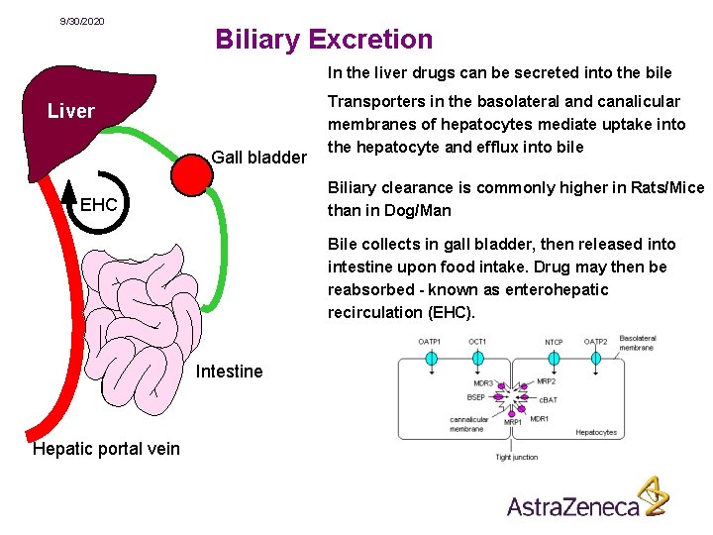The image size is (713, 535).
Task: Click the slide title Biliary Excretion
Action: (x=324, y=40)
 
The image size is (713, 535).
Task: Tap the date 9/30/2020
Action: (x=82, y=22)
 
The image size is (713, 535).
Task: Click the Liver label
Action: (x=71, y=111)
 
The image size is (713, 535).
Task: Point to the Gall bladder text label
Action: (x=258, y=158)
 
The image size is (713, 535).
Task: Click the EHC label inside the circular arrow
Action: (x=98, y=206)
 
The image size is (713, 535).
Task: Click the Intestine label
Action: (x=230, y=372)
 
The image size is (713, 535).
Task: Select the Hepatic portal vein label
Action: (x=107, y=449)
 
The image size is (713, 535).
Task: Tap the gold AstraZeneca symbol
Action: (x=653, y=495)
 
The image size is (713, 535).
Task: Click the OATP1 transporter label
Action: (x=430, y=342)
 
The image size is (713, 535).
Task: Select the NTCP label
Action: (x=554, y=343)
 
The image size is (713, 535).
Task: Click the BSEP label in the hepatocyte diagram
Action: (x=476, y=397)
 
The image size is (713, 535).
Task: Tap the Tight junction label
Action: (x=516, y=457)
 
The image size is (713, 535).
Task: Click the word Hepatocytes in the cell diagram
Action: (x=596, y=433)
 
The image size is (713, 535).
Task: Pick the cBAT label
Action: (x=548, y=399)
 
